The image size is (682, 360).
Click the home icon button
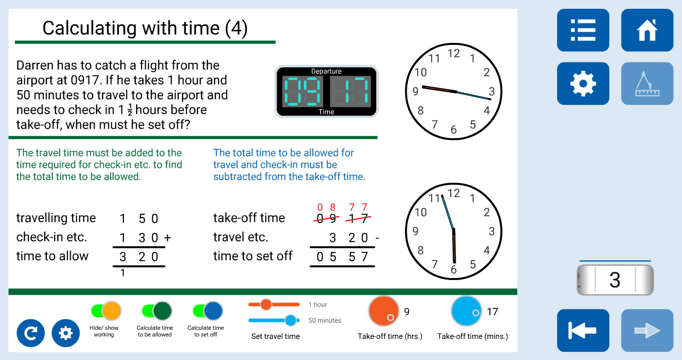coord(647,30)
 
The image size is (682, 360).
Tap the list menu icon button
coord(583,30)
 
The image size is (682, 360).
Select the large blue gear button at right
coord(583,83)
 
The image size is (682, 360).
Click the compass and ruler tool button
coord(647,83)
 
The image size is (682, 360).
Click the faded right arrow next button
coord(647,330)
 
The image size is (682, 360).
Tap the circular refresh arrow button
coord(30,333)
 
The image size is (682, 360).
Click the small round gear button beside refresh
coord(65,333)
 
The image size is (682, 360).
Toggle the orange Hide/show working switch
coord(106,311)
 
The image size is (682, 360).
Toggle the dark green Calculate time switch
coord(157,311)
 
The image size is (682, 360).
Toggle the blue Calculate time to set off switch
coord(208,311)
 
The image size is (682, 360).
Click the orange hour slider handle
coord(266,304)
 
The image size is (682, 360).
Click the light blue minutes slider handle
coord(291,320)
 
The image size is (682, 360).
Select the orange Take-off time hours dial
coord(383,311)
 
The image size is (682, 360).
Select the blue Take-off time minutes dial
coord(466,311)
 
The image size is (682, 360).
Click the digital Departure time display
coord(326,91)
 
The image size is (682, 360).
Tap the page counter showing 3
coord(615,280)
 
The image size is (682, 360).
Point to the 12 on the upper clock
coord(454,54)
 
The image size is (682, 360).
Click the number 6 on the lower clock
coord(454,270)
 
